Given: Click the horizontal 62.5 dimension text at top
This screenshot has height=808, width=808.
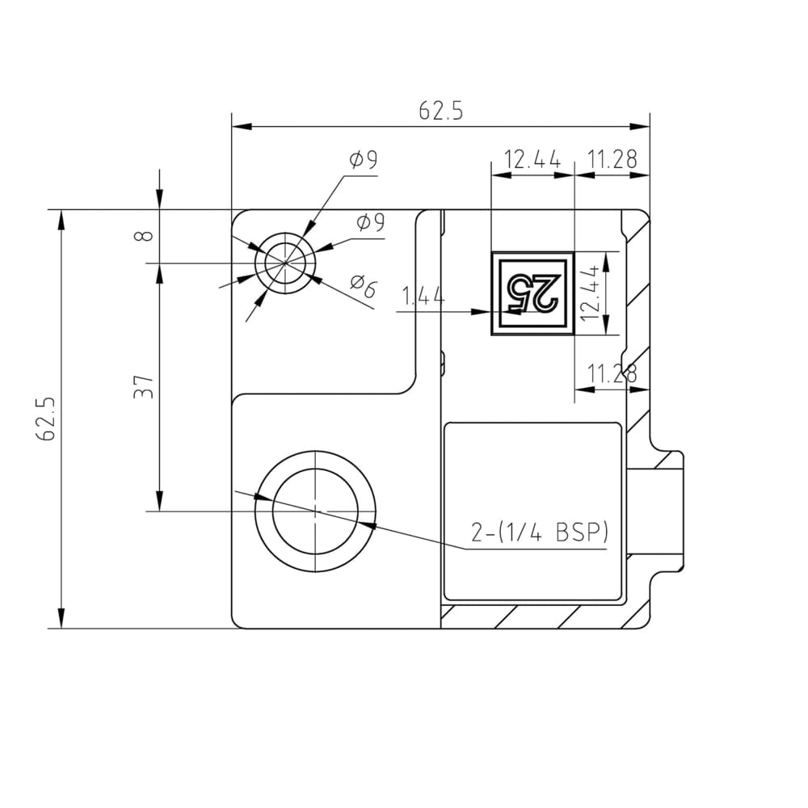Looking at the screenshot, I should (440, 112).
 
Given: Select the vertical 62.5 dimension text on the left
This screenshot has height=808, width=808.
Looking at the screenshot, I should (45, 418).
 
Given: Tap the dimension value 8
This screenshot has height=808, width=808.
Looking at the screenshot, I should (144, 236).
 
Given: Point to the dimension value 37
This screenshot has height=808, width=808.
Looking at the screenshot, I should (144, 386).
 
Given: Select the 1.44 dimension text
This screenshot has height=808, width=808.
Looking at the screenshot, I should (423, 297).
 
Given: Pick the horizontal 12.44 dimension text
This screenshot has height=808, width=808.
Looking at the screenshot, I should (532, 160).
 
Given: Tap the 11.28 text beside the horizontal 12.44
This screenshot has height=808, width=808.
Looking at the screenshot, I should (612, 160).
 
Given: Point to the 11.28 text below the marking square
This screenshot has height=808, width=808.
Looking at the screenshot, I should (612, 373).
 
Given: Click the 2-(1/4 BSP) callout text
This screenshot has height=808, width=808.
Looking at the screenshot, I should (539, 533).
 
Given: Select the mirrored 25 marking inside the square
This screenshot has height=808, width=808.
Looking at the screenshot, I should (532, 292).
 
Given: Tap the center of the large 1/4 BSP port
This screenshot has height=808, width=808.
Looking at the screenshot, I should (315, 511).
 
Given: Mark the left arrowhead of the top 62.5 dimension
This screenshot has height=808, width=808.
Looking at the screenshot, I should (239, 126).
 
